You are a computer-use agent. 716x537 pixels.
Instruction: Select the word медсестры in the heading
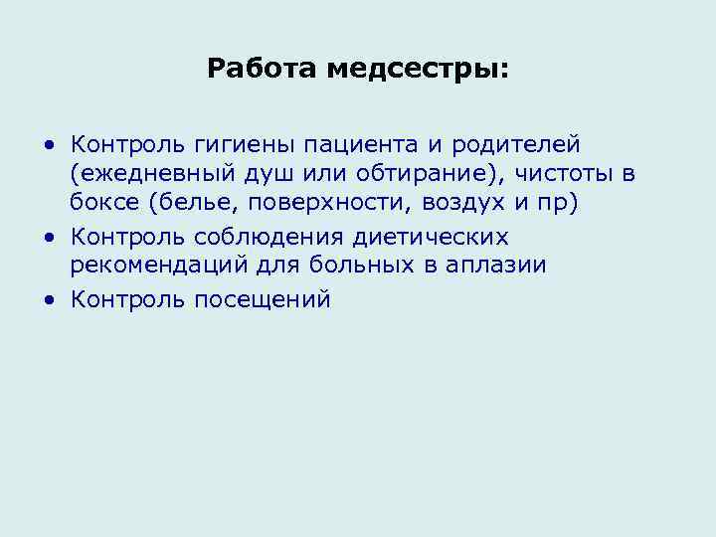(x=418, y=70)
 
